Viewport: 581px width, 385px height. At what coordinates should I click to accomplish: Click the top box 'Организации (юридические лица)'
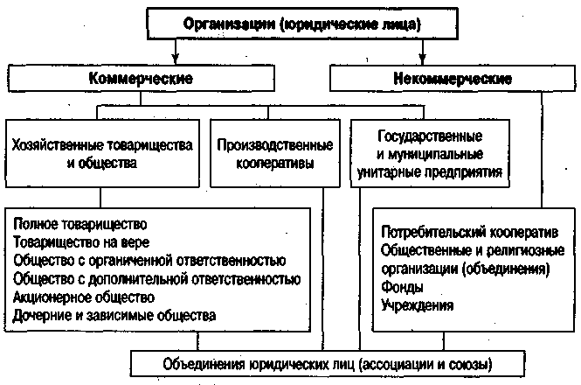(302, 24)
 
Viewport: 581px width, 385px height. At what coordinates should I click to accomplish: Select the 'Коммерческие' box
(142, 79)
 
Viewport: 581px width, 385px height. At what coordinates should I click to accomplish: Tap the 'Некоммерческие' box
(453, 79)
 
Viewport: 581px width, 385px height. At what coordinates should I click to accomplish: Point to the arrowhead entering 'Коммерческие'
(176, 59)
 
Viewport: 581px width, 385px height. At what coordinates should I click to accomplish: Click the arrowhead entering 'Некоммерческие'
(422, 59)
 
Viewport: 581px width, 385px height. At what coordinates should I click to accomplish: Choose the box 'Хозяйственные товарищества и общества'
(102, 153)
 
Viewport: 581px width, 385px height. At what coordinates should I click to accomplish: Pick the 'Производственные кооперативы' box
(275, 153)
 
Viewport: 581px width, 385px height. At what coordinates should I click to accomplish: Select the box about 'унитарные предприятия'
(430, 153)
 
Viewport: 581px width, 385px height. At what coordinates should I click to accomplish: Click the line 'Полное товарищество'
(80, 224)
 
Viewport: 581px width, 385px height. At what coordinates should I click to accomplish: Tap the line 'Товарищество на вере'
(81, 242)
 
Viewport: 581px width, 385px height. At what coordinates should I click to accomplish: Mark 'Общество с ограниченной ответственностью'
(149, 261)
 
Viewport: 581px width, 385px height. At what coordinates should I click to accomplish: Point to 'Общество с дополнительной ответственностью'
(157, 279)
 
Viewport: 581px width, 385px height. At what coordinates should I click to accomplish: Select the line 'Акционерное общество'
(84, 297)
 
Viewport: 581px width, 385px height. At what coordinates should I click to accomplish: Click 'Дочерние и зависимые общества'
(114, 316)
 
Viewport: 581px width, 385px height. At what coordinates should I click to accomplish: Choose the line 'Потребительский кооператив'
(469, 233)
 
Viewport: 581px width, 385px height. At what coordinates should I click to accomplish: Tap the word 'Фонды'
(403, 287)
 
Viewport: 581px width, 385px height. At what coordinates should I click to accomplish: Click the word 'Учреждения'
(418, 305)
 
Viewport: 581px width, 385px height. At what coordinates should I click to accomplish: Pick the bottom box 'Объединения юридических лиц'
(328, 364)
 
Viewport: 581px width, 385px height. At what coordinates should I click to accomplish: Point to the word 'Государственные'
(430, 136)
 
